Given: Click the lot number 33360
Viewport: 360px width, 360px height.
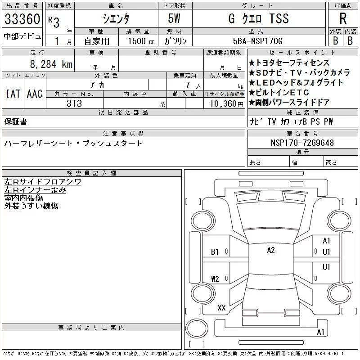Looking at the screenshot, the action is pos(22,19).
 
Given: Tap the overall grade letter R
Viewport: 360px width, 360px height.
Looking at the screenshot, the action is pos(343,18).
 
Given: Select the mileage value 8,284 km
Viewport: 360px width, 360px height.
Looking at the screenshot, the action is pos(51,64).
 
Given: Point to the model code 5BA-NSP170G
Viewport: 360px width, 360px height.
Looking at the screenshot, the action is pos(257,41).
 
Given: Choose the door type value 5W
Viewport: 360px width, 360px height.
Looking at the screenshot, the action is pos(174,18).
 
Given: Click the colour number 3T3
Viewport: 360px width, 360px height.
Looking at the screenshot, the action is pos(74,103).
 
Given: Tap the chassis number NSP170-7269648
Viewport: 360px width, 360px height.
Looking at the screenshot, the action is pos(302,143).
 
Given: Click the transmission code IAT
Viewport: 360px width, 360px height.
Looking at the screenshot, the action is pos(13,94).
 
